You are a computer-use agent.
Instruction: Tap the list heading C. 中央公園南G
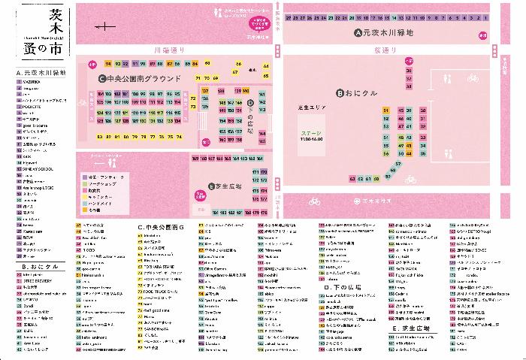pyautogui.click(x=160, y=226)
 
